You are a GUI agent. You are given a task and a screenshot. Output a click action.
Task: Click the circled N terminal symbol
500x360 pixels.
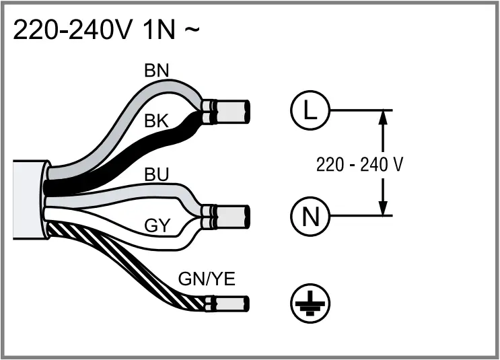(308, 216)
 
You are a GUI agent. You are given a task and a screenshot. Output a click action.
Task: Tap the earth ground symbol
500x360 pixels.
(308, 303)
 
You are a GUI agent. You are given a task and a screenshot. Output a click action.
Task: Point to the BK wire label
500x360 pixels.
(157, 122)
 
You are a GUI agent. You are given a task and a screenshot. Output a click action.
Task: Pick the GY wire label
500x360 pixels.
(156, 225)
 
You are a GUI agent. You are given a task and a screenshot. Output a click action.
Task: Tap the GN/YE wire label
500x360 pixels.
(207, 279)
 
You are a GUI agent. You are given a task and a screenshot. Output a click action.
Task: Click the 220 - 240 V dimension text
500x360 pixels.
(360, 164)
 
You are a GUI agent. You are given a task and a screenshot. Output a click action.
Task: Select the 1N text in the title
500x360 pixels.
(151, 31)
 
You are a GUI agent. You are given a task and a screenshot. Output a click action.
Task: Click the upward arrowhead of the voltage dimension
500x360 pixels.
(382, 118)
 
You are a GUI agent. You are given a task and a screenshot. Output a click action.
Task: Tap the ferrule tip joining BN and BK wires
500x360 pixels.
(233, 111)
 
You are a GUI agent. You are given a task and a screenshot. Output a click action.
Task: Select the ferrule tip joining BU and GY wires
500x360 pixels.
(233, 217)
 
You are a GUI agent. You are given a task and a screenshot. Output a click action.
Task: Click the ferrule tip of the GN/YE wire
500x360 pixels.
(233, 305)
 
